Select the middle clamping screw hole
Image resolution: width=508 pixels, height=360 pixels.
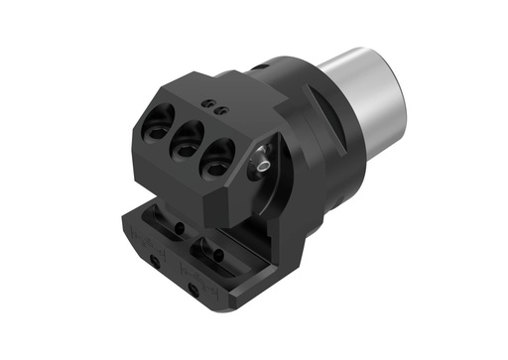click(187, 145)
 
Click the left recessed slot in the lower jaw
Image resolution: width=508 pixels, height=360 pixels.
click(163, 222)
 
